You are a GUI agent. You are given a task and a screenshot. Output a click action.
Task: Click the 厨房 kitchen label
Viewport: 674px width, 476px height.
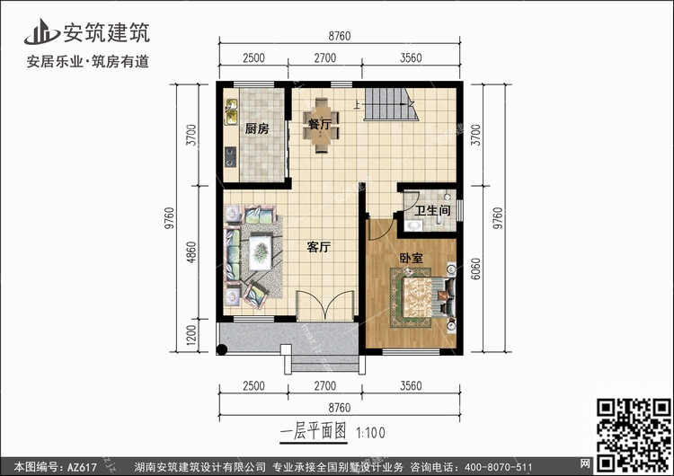[257, 128]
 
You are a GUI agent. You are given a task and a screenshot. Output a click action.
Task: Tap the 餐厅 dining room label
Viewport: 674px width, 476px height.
[320, 125]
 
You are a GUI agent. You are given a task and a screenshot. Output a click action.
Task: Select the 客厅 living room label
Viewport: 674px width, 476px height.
[318, 247]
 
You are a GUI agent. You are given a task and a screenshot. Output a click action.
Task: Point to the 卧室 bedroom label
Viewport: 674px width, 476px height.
[412, 258]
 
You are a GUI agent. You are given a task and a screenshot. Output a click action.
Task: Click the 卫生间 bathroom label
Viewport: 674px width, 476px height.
[432, 210]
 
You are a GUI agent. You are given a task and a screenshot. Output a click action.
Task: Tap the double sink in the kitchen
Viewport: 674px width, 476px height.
[231, 111]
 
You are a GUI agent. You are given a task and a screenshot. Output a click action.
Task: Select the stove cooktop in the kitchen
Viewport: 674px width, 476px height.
[231, 157]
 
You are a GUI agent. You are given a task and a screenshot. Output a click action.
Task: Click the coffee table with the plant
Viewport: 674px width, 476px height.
[261, 252]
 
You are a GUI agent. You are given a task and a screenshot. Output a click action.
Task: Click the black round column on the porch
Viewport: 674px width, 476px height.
[222, 349]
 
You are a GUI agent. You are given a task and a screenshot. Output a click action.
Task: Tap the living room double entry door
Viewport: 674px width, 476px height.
[325, 305]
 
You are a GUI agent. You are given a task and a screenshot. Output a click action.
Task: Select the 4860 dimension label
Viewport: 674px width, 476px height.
[191, 252]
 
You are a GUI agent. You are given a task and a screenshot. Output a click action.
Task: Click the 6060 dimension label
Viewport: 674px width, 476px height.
[475, 269]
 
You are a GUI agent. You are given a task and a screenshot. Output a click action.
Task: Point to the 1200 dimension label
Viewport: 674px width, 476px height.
[191, 336]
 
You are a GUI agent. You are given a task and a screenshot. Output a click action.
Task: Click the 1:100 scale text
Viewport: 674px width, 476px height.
[370, 433]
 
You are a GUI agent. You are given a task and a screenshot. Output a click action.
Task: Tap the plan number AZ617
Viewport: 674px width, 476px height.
[82, 467]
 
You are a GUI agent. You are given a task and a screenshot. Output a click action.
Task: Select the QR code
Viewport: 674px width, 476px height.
[633, 435]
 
